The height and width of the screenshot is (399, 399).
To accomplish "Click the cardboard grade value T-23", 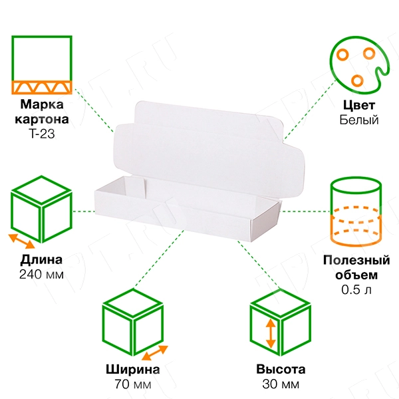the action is pos(42,134).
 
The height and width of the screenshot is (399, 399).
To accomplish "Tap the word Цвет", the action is pos(359,105).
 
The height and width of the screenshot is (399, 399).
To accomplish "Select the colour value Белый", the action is pos(359,120).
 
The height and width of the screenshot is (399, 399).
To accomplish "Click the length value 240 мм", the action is pos(41,274).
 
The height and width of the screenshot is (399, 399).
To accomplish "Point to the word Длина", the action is pos(41,260).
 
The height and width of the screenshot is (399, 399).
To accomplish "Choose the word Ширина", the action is pos(132,369).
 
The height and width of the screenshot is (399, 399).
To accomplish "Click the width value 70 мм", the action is pos(132,384).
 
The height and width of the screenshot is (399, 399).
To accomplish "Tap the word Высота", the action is pos(281,369).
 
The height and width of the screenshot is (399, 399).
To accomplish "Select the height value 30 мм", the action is pos(281,384).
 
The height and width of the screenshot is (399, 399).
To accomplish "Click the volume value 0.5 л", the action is pos(356,289).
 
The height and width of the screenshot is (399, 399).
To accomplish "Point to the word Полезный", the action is pos(356,260).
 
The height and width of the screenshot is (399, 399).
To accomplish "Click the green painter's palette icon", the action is pos(359,65).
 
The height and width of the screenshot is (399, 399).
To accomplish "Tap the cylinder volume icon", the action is pos(356,211).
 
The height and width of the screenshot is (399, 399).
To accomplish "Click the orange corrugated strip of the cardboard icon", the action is pos(42,87).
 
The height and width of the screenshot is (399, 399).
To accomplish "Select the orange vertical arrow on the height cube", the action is pos(271,333).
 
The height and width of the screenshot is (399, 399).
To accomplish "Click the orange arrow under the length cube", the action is pos(22,241).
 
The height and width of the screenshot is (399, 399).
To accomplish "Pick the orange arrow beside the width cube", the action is pos(155,352).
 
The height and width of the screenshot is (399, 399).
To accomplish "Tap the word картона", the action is pos(42,119).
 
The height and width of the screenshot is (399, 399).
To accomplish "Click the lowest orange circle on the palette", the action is pos(357,80).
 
